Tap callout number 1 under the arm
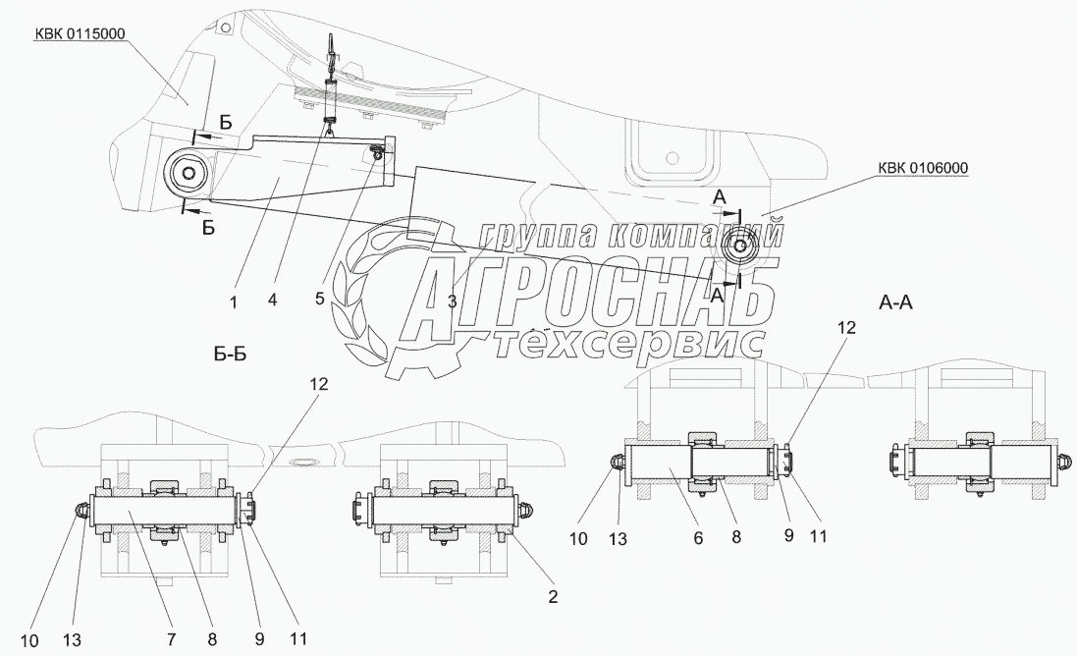[x=234, y=303]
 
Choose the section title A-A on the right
[x=894, y=303]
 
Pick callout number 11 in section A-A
[x=818, y=537]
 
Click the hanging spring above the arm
[x=331, y=98]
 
